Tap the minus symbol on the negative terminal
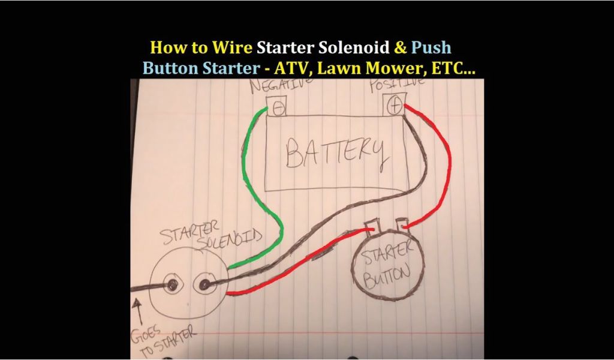pos(278,108)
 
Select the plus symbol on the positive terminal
pos(395,106)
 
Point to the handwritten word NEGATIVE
pos(281,85)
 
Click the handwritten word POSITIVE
pos(397,84)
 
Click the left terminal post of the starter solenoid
pos(172,285)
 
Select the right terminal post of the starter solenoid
pos(205,284)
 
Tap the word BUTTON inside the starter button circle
pos(387,275)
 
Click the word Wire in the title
pos(232,47)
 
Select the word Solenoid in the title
pos(354,47)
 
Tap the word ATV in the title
pos(291,68)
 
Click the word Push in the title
pos(431,47)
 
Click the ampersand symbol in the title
pos(401,47)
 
